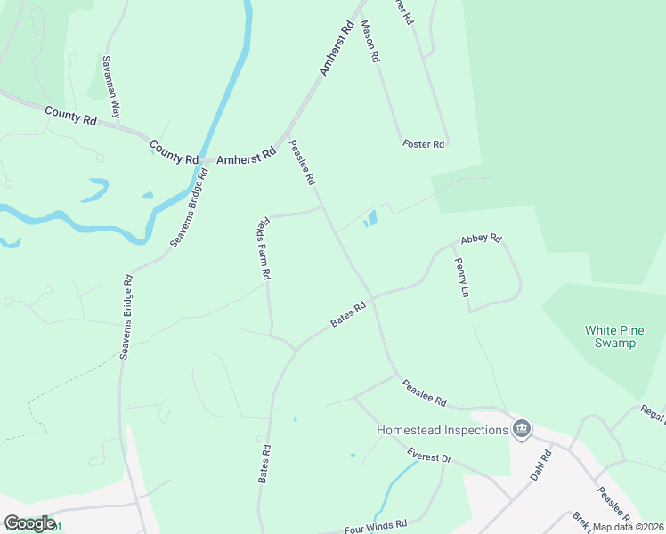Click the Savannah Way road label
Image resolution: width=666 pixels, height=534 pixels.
tap(111, 87)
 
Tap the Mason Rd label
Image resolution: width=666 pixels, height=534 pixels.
tap(370, 42)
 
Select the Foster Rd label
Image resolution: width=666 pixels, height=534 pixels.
tap(423, 144)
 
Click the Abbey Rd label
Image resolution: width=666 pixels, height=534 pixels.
tap(482, 239)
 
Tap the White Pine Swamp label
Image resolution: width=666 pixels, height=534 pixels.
tap(611, 336)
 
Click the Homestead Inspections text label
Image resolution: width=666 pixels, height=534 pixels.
tap(442, 429)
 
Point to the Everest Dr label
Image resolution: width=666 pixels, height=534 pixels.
tap(430, 457)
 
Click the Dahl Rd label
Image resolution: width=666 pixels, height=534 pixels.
tap(541, 466)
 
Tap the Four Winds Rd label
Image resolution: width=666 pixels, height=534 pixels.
tap(376, 526)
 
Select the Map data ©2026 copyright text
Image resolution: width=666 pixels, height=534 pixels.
tap(627, 527)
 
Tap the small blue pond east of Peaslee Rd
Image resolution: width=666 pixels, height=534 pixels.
tap(372, 217)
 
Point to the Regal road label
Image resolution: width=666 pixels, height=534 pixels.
tap(654, 414)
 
